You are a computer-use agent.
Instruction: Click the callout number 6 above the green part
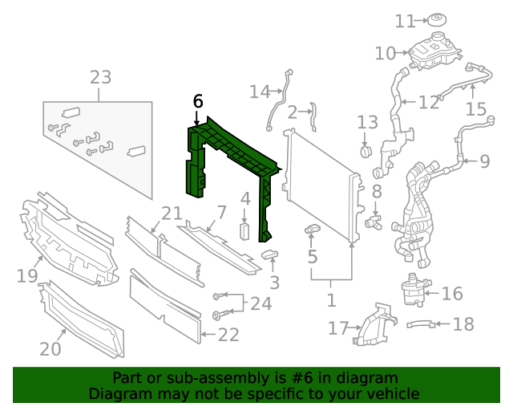click(x=198, y=101)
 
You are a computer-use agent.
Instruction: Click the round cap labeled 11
click(x=438, y=20)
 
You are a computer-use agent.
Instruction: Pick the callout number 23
click(x=100, y=78)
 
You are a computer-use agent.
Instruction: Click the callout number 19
click(x=28, y=277)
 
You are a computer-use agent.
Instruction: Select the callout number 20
click(x=50, y=348)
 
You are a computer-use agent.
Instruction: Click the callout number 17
click(x=338, y=328)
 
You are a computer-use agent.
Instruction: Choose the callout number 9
click(x=484, y=161)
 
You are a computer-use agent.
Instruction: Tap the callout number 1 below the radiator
click(x=331, y=301)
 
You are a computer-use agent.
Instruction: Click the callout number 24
click(x=261, y=303)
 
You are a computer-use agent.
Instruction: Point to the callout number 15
click(x=476, y=108)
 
